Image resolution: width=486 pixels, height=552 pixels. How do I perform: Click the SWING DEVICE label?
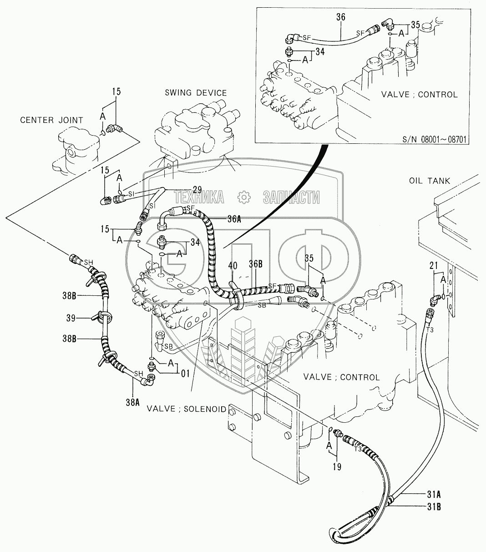point(195,93)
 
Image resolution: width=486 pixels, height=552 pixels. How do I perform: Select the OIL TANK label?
point(429,181)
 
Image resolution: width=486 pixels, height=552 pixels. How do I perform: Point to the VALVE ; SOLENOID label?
point(186,409)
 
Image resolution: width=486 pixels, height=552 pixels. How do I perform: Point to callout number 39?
point(71,319)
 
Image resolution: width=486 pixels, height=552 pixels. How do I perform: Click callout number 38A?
point(132,402)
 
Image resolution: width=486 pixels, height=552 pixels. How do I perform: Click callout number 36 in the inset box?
point(341,17)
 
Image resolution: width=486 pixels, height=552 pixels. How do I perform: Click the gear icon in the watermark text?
point(243,197)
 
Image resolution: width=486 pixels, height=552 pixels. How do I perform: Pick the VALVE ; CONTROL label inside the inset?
point(419,95)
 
